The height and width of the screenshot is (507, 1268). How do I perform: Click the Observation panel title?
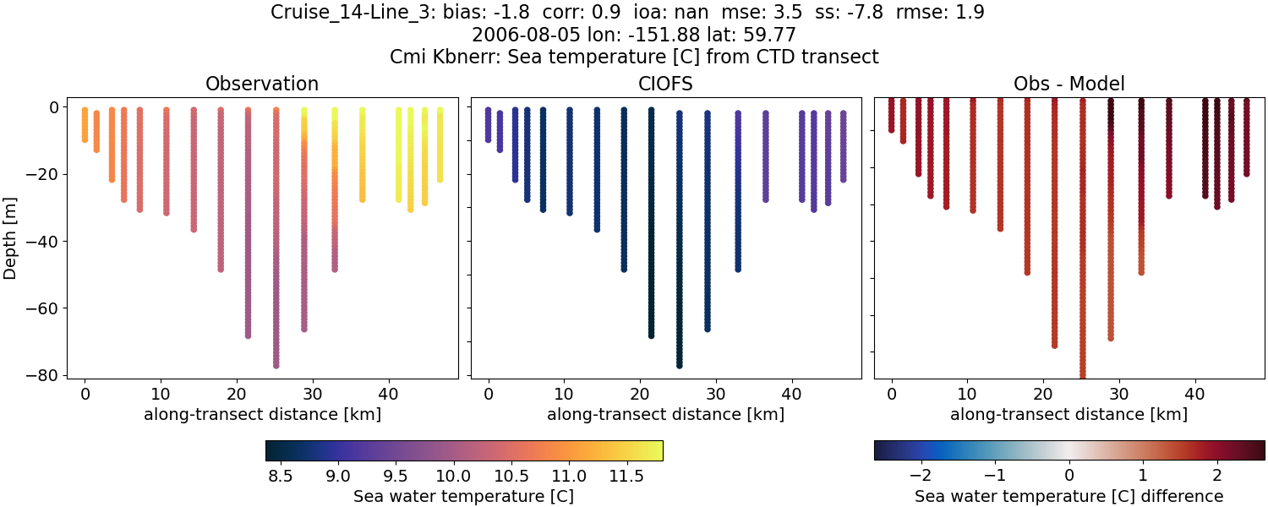pyautogui.click(x=262, y=84)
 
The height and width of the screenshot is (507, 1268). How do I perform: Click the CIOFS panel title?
pyautogui.click(x=665, y=84)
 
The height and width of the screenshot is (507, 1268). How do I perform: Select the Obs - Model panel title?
pyautogui.click(x=1069, y=84)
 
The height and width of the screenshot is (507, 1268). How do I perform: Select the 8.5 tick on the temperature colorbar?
pyautogui.click(x=280, y=476)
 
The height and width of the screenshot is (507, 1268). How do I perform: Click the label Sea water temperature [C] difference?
pyautogui.click(x=1069, y=496)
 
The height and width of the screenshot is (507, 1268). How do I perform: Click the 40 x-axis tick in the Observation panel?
pyautogui.click(x=388, y=394)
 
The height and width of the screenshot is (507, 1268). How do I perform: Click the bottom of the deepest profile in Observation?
pyautogui.click(x=276, y=365)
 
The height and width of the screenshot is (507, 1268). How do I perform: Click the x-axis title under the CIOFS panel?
pyautogui.click(x=665, y=414)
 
